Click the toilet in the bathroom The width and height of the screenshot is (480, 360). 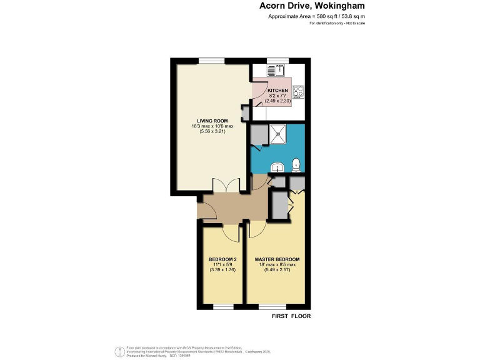[296, 165]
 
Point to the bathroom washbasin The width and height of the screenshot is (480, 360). [278, 167]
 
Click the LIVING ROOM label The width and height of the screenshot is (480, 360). [212, 121]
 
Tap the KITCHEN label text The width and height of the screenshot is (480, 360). [277, 91]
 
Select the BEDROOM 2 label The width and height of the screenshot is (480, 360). [222, 259]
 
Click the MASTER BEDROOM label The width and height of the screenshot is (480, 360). [277, 259]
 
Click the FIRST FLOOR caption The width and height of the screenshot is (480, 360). [291, 316]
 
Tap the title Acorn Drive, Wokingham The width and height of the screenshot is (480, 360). [312, 6]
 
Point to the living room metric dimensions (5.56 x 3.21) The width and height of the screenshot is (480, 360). [212, 132]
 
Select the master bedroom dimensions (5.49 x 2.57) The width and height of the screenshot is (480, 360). [277, 271]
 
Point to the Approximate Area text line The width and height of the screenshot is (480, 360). [316, 17]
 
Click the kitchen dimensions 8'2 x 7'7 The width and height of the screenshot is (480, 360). [277, 96]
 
